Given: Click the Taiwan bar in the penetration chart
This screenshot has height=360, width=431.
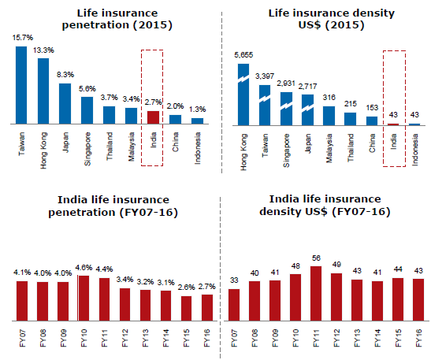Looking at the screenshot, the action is click(21, 85).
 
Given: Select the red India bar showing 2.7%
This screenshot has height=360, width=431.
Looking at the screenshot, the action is click(153, 117).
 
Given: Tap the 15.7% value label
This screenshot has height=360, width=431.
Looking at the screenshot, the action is click(23, 38).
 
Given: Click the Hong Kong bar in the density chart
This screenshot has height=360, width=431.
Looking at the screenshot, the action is click(243, 95).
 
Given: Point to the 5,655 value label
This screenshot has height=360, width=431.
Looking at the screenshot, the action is click(243, 55).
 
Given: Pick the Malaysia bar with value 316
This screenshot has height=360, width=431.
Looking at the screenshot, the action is click(329, 116).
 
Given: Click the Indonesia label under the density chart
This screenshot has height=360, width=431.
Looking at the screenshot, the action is click(414, 150).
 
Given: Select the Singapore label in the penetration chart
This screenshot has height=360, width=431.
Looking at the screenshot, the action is click(87, 149).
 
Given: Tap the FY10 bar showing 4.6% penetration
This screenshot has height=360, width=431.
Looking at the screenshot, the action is click(84, 299).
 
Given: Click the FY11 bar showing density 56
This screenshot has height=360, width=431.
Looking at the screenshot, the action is click(316, 294).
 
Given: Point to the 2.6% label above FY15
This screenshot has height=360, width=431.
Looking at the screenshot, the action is click(187, 288).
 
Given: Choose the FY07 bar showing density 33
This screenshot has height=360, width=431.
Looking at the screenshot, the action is click(234, 305).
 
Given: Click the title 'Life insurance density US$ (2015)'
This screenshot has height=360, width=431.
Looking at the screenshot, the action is click(331, 19).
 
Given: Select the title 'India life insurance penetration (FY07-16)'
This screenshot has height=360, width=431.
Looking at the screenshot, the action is click(113, 206).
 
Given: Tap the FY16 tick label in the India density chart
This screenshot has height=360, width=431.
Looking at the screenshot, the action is click(418, 338).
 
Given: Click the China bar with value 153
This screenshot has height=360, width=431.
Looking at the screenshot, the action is click(372, 121).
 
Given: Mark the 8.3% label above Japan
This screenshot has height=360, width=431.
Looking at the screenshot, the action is click(65, 75).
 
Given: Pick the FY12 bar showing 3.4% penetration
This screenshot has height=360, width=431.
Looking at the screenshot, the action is click(124, 305).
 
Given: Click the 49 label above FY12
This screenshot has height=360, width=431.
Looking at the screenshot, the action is click(336, 265).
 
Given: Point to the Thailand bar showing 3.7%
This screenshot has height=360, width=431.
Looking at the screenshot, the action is click(109, 115).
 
